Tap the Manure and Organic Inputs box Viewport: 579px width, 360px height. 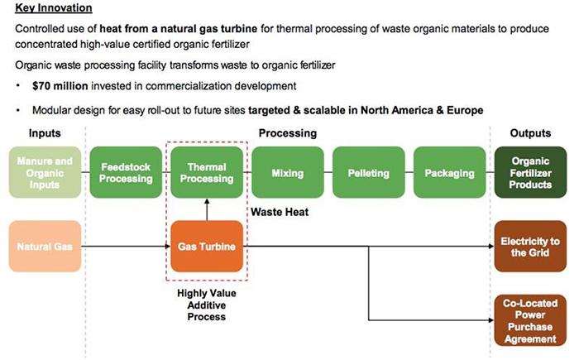pyautogui.click(x=46, y=173)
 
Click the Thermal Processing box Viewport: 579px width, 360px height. pyautogui.click(x=207, y=173)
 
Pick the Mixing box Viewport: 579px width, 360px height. pyautogui.click(x=287, y=174)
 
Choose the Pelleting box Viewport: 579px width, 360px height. pyautogui.click(x=368, y=174)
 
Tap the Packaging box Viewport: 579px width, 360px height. pyautogui.click(x=449, y=174)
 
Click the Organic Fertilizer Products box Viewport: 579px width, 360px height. pyautogui.click(x=531, y=173)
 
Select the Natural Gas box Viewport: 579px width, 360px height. pyautogui.click(x=46, y=246)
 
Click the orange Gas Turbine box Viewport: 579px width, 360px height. pyautogui.click(x=207, y=247)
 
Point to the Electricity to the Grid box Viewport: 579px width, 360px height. pyautogui.click(x=531, y=246)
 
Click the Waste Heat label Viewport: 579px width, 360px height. pyautogui.click(x=281, y=212)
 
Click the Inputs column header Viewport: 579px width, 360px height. pyautogui.click(x=45, y=133)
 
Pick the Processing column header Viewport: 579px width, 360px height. pyautogui.click(x=287, y=133)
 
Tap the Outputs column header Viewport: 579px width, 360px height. pyautogui.click(x=531, y=133)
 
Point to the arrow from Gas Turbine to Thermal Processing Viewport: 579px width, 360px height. pyautogui.click(x=207, y=210)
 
